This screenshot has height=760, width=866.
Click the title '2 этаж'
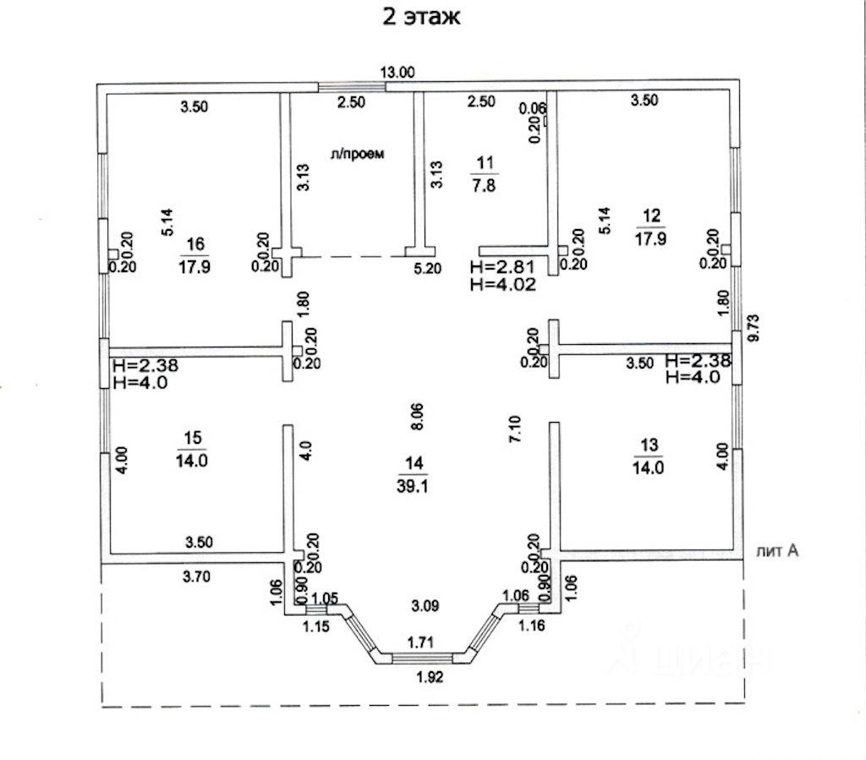421,17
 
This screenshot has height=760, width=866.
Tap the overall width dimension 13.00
397,73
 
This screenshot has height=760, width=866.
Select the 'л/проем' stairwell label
357,154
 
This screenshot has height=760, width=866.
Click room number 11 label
485,163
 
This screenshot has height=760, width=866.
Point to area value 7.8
484,185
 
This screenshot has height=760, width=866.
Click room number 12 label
652,216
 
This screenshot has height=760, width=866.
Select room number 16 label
195,244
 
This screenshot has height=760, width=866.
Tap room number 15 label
192,438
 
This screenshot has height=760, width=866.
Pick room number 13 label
649,445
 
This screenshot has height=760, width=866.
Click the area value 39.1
413,486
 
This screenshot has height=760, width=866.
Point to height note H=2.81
502,267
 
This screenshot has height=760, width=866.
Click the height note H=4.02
503,285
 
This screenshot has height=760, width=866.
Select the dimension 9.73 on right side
753,328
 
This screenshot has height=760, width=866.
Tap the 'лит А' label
777,550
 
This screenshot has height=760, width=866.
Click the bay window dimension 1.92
429,676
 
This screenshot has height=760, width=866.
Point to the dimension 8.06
417,417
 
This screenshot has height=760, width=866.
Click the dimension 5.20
428,269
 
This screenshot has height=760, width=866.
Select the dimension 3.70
196,577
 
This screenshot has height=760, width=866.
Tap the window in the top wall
352,87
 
